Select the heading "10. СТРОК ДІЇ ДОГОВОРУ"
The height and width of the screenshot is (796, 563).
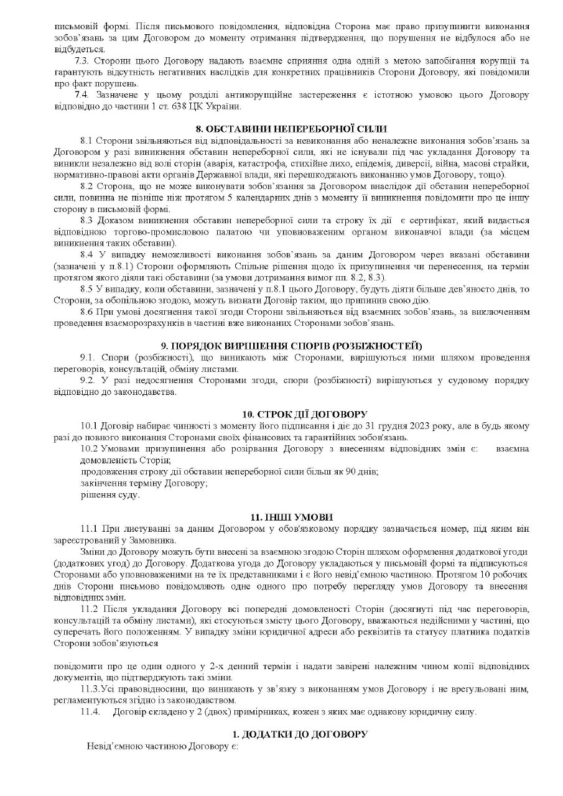pos(305,414)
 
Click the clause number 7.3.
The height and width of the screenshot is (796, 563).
pos(83,60)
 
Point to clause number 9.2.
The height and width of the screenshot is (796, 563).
pos(88,380)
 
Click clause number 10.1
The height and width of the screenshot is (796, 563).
pos(90,426)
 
